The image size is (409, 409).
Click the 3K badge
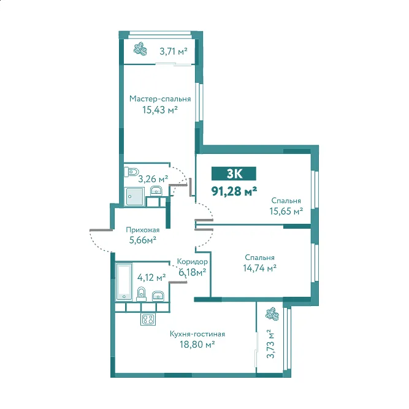[234, 174]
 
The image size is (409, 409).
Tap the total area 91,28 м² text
[234, 191]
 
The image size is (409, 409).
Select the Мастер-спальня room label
[160, 99]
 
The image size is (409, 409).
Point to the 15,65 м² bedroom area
[286, 211]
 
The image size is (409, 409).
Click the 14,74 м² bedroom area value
[260, 268]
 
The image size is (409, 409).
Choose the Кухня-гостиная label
[197, 334]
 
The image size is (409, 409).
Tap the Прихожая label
[143, 230]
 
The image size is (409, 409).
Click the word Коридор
[193, 261]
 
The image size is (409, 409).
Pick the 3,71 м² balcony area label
[174, 52]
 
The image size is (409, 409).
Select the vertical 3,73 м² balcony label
[271, 344]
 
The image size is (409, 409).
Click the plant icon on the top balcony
[140, 48]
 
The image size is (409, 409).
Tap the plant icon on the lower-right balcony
[272, 314]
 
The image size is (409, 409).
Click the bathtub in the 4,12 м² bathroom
[124, 281]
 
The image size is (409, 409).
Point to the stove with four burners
[148, 319]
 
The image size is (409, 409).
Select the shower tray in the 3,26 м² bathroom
[134, 196]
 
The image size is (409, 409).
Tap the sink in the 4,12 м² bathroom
[158, 296]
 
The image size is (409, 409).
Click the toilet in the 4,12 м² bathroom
[142, 294]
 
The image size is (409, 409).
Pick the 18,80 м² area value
[197, 345]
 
